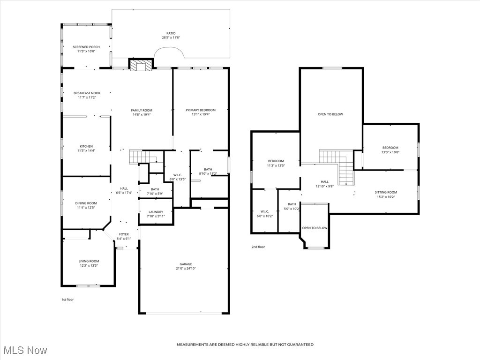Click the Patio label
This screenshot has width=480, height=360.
171,33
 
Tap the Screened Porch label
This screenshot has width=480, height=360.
86,47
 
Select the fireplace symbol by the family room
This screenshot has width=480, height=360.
141,66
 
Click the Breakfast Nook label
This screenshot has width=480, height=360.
87,93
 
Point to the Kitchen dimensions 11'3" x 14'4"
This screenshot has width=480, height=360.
86,150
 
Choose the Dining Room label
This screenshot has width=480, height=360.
86,203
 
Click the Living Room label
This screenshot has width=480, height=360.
89,261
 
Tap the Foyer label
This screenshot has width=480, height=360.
124,234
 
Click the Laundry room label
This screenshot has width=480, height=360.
155,212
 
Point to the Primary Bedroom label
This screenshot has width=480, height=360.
201,110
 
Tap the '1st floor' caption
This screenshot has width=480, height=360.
67,299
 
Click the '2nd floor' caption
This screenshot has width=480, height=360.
258,247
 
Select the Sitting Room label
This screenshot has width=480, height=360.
386,192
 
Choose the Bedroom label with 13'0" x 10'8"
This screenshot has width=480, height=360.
390,148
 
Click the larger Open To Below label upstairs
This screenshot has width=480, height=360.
330,114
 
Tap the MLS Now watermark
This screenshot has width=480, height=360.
25,350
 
